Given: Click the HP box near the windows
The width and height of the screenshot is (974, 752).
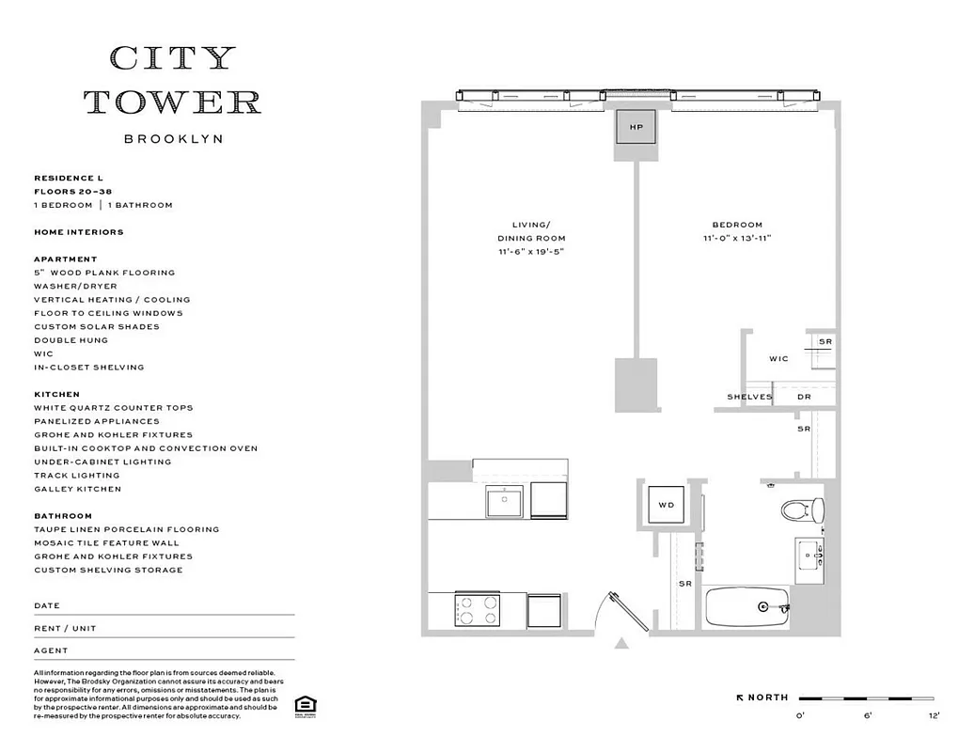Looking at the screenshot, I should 636,127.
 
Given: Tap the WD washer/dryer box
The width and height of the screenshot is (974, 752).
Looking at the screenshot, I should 666,506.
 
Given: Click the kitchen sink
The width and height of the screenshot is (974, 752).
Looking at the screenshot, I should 506,500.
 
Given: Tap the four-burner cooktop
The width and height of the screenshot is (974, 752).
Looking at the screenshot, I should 477,609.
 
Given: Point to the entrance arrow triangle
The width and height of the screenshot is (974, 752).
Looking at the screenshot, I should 621,644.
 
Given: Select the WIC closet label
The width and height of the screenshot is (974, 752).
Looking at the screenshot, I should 778,359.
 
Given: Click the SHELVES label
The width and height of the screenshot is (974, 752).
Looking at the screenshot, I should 749,397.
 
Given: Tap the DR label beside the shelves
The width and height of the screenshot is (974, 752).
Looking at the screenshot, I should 804,397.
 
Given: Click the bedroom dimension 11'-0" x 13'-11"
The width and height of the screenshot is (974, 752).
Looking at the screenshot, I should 736,238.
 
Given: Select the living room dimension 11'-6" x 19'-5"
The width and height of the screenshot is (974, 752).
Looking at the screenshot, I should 531,252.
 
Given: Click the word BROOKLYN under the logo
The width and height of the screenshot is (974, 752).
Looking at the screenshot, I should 173,138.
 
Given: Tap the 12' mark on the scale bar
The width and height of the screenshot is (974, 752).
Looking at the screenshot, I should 934,716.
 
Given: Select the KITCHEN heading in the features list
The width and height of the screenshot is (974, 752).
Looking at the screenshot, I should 57,395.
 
